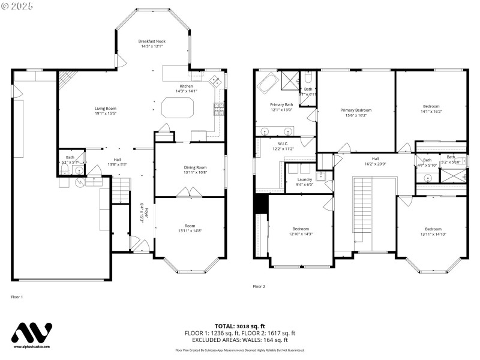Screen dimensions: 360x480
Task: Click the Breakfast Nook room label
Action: tap(152, 41)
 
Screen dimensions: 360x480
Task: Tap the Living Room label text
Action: tap(105, 109)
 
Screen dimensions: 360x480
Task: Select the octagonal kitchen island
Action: tap(178, 109)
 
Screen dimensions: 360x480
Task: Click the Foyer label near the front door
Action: tap(146, 214)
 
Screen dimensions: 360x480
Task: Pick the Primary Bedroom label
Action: tap(355, 110)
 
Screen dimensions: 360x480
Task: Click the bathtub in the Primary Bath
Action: tap(269, 82)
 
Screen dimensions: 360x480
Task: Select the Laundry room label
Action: tap(304, 179)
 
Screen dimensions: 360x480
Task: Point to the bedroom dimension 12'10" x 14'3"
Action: tap(301, 234)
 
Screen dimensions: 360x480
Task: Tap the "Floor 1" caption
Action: tap(17, 297)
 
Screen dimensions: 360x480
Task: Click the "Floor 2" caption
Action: tap(259, 286)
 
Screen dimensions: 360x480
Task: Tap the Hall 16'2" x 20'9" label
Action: tap(376, 161)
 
